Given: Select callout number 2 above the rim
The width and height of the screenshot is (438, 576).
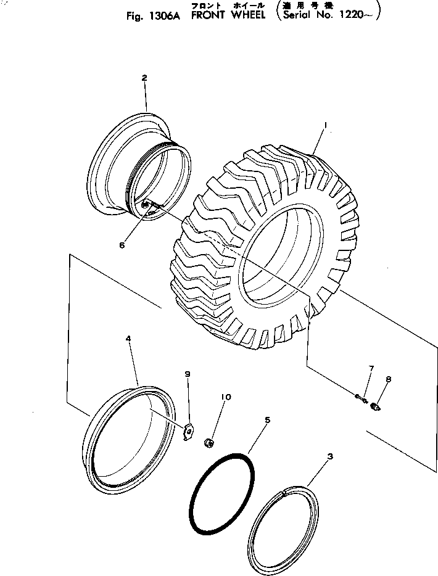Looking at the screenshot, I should pos(144,78).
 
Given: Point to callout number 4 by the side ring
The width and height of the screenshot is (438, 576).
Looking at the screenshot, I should pos(128,339).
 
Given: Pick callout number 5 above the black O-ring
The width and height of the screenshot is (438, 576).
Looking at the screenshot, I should pos(267,420).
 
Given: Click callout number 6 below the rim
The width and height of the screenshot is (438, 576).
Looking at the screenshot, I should pos(122,245).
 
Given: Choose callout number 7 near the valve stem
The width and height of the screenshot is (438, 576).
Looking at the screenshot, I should pos(371,369).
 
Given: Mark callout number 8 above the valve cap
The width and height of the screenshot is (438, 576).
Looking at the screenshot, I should pos(389,379).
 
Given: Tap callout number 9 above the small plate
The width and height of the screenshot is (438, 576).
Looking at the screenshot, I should pos(188,374).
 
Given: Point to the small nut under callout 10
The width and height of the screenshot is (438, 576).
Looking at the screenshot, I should pos(210,442).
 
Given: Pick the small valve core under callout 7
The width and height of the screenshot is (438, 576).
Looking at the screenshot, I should pos(362,398).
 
